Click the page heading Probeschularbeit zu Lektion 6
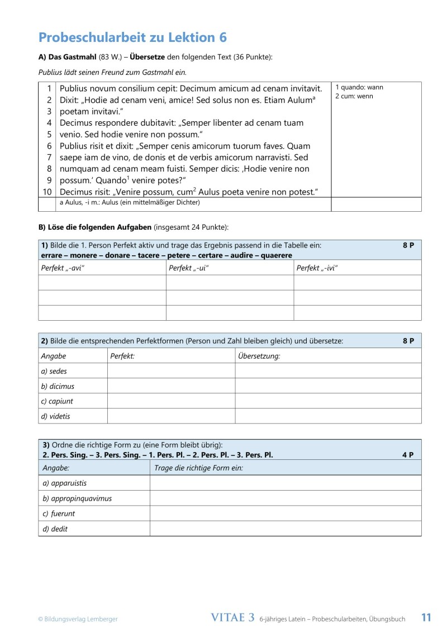tap(132, 37)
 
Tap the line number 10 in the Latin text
tap(47, 192)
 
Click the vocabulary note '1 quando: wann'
tap(359, 87)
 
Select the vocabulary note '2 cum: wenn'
tap(354, 96)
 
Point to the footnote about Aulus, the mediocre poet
tap(130, 203)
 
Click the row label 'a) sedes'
tap(54, 371)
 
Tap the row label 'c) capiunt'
tap(57, 401)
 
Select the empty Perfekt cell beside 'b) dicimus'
tap(170, 386)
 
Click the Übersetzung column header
tap(259, 356)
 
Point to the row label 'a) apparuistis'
tap(65, 483)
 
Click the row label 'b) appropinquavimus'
tap(77, 498)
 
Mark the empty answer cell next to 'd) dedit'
tap(285, 529)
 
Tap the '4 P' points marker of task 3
tap(407, 455)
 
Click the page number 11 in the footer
tap(426, 617)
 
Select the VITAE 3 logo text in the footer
tap(233, 617)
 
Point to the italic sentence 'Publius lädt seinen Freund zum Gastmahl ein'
tap(112, 72)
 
